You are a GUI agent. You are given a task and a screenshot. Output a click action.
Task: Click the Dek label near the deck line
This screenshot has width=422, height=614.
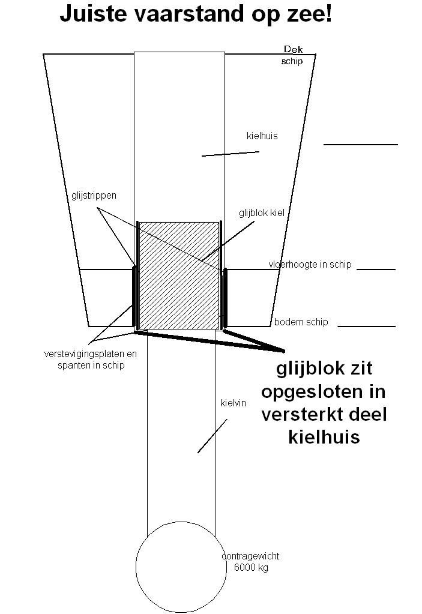pos(293,49)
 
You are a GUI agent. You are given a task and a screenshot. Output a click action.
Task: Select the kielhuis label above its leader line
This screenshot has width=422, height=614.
pos(262,136)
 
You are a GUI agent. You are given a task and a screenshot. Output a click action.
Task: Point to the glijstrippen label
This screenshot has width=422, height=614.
pos(94,196)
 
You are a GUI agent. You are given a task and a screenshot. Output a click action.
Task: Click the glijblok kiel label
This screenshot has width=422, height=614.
pos(262,213)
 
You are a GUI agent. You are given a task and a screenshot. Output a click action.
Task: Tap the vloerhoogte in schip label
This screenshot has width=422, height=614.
pos(310,264)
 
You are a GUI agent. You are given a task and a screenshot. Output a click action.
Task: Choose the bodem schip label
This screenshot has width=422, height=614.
pos(301,322)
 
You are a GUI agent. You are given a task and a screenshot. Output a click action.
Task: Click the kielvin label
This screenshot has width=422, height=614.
pos(233,403)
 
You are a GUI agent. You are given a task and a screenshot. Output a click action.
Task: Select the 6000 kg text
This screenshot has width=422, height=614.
pos(251,567)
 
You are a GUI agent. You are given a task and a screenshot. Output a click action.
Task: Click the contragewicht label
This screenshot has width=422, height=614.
pos(250,556)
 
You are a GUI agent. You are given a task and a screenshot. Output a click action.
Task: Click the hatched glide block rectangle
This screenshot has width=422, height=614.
pos(179,275)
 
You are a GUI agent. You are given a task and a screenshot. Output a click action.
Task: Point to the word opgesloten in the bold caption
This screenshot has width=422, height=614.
pos(324,392)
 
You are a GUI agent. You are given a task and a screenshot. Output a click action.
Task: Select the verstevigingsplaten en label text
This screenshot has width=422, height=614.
pos(91,354)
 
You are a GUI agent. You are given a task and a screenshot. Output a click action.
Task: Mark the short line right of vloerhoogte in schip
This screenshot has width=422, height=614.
pos(376,269)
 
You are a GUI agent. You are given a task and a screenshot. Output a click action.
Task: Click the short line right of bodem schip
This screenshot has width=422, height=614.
pos(366,326)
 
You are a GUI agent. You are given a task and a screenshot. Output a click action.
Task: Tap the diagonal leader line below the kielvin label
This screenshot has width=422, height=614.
pos(212,436)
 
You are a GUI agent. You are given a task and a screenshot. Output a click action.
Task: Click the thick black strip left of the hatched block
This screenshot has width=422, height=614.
pos(134,296)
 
